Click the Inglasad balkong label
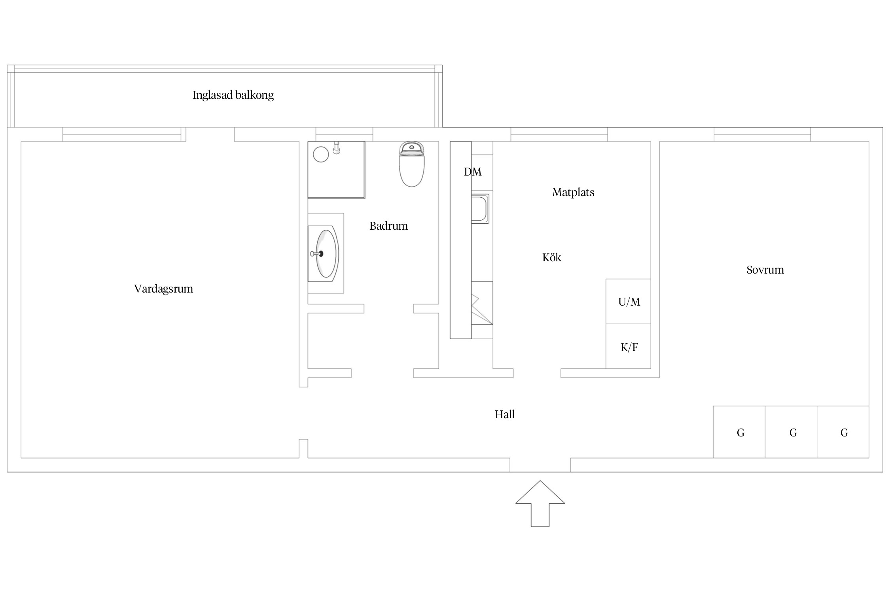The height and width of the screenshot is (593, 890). (x=233, y=95)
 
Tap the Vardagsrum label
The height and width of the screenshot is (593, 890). (x=163, y=289)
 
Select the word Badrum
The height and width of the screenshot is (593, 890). (x=388, y=226)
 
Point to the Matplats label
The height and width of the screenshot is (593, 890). (x=573, y=193)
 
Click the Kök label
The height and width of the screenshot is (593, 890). (x=552, y=257)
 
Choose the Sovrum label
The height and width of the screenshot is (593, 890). (x=765, y=270)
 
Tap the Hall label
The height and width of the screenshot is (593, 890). (x=505, y=414)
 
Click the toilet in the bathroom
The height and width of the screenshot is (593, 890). (x=412, y=164)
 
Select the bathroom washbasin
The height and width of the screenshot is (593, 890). (x=323, y=254)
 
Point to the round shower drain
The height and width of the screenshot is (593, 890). (x=321, y=154)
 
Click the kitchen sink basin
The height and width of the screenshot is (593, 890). (x=480, y=209)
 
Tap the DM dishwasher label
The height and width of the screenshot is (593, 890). (x=473, y=172)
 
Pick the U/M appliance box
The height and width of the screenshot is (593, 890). (x=629, y=302)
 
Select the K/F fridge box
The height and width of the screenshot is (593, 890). (x=629, y=346)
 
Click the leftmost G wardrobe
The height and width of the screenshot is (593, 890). (x=739, y=432)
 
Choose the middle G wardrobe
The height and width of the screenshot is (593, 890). (x=791, y=432)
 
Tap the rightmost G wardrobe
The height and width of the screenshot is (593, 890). (x=843, y=432)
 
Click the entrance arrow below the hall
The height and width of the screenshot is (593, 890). (x=540, y=503)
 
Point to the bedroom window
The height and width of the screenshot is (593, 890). (x=762, y=134)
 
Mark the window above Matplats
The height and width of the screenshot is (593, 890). (x=559, y=134)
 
